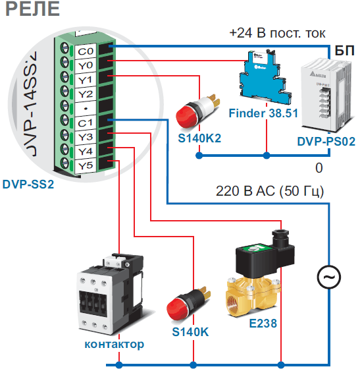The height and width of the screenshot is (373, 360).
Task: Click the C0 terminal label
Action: click(86, 51)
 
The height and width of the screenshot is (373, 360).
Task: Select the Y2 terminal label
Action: click(86, 94)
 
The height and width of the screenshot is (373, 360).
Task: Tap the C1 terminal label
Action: click(85, 123)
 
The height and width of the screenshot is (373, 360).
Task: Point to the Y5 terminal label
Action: click(86, 166)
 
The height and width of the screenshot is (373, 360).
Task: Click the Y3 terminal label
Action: click(86, 137)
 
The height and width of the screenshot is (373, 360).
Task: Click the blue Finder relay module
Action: click(265, 77)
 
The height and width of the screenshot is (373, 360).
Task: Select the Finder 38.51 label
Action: click(263, 113)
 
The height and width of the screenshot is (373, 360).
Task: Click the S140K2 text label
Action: click(199, 138)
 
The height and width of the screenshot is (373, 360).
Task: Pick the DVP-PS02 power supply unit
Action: click(326, 95)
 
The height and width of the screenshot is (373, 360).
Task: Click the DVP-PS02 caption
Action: click(326, 142)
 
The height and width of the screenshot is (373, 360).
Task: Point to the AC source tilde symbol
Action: click(329, 277)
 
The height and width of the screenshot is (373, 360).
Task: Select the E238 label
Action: click(263, 324)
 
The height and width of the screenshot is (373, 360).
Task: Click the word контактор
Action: click(115, 344)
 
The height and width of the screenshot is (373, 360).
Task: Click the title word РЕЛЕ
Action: click(32, 9)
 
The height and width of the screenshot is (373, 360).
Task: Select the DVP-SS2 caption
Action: click(28, 185)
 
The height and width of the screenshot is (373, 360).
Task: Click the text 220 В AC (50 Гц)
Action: click(270, 191)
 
